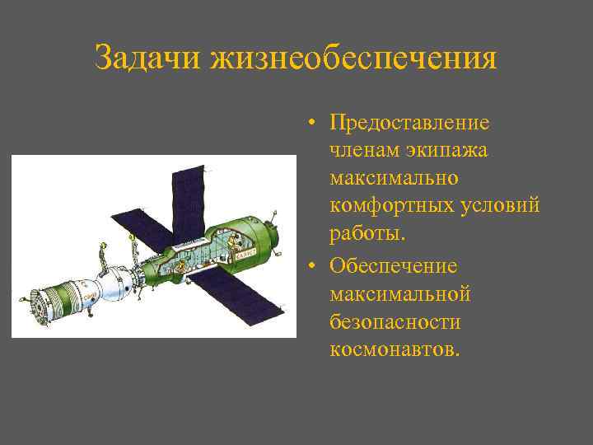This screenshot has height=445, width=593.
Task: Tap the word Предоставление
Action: click(409, 123)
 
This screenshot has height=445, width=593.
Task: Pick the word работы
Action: click(367, 235)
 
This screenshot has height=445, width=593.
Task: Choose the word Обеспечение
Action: click(393, 266)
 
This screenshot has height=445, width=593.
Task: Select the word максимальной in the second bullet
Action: click(399, 294)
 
